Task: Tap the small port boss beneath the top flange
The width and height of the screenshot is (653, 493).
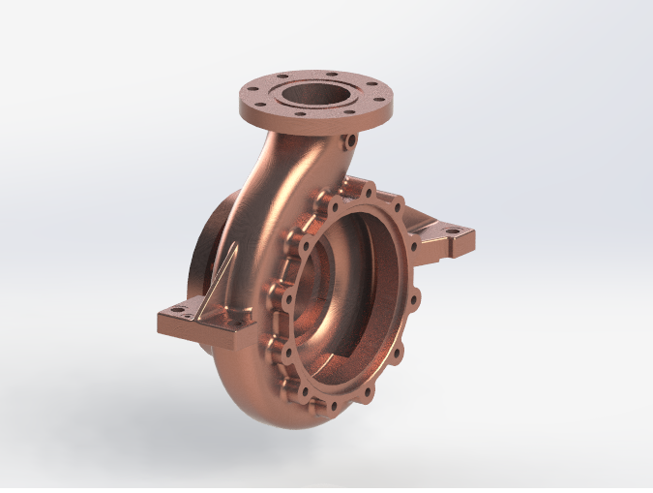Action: [x=345, y=144]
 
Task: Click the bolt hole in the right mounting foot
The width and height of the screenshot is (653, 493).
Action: [x=450, y=232]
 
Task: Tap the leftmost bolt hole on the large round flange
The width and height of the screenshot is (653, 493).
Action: [x=278, y=320]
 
